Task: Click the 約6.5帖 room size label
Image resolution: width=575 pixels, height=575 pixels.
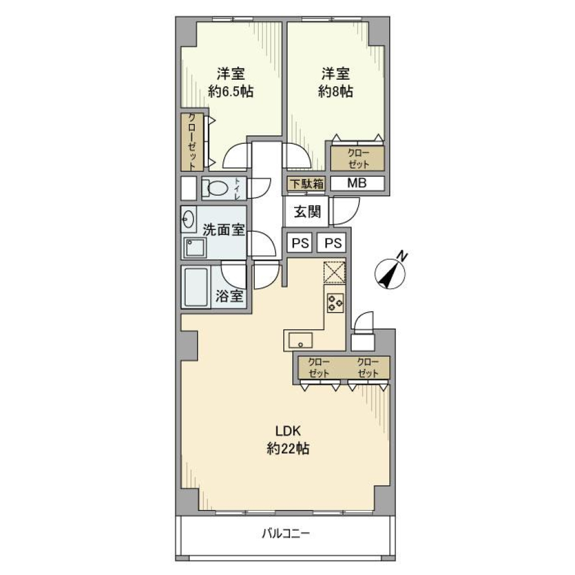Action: point(231,91)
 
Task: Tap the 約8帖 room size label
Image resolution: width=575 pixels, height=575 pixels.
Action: point(335,91)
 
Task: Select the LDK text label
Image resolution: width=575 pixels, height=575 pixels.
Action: point(288,431)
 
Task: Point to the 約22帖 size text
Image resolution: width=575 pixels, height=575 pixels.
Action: point(288,449)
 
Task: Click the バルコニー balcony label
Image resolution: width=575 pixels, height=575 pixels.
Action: point(286,534)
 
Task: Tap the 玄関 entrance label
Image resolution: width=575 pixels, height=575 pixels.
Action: point(307,211)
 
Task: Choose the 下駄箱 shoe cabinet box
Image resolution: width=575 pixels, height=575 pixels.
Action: point(307,184)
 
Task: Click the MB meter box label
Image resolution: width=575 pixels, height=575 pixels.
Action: point(357,183)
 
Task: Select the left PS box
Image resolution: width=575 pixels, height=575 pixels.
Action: point(300,243)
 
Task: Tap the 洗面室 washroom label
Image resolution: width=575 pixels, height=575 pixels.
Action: point(223,230)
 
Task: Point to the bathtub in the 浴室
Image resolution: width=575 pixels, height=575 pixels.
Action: point(196,287)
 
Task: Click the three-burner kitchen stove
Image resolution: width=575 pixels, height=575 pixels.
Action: point(335,303)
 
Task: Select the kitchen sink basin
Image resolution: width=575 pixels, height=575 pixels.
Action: point(301,340)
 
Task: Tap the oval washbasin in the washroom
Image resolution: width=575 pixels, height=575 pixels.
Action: point(188,219)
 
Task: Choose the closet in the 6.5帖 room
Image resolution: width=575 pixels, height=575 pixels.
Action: point(192,142)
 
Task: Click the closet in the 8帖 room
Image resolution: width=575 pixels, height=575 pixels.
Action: point(358,158)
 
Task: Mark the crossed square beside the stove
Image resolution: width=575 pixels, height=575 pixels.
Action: point(334,273)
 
